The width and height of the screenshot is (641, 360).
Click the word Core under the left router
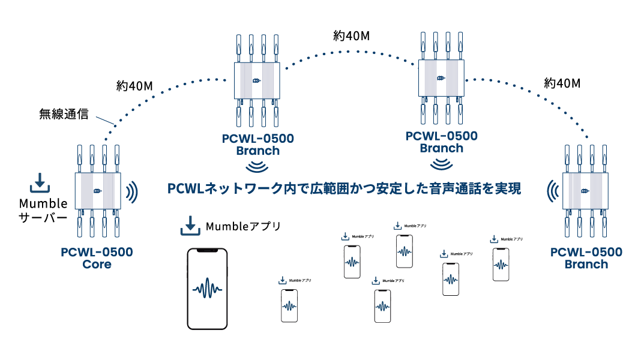click(97, 264)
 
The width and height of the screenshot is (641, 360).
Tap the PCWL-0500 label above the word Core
click(97, 252)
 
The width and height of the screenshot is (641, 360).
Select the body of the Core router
click(98, 191)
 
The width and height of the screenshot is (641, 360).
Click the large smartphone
click(208, 289)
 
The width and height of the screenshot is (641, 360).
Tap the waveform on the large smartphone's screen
click(208, 289)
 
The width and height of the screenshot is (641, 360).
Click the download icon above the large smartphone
click(190, 227)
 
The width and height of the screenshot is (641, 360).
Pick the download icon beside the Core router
click(40, 184)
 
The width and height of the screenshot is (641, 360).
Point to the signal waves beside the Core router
click(133, 191)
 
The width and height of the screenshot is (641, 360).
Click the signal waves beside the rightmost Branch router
click(551, 191)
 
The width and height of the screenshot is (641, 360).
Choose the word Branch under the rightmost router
click(586, 265)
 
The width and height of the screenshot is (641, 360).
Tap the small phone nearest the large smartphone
click(289, 305)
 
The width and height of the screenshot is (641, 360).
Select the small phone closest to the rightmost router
click(501, 265)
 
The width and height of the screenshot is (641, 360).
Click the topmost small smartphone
click(405, 251)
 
